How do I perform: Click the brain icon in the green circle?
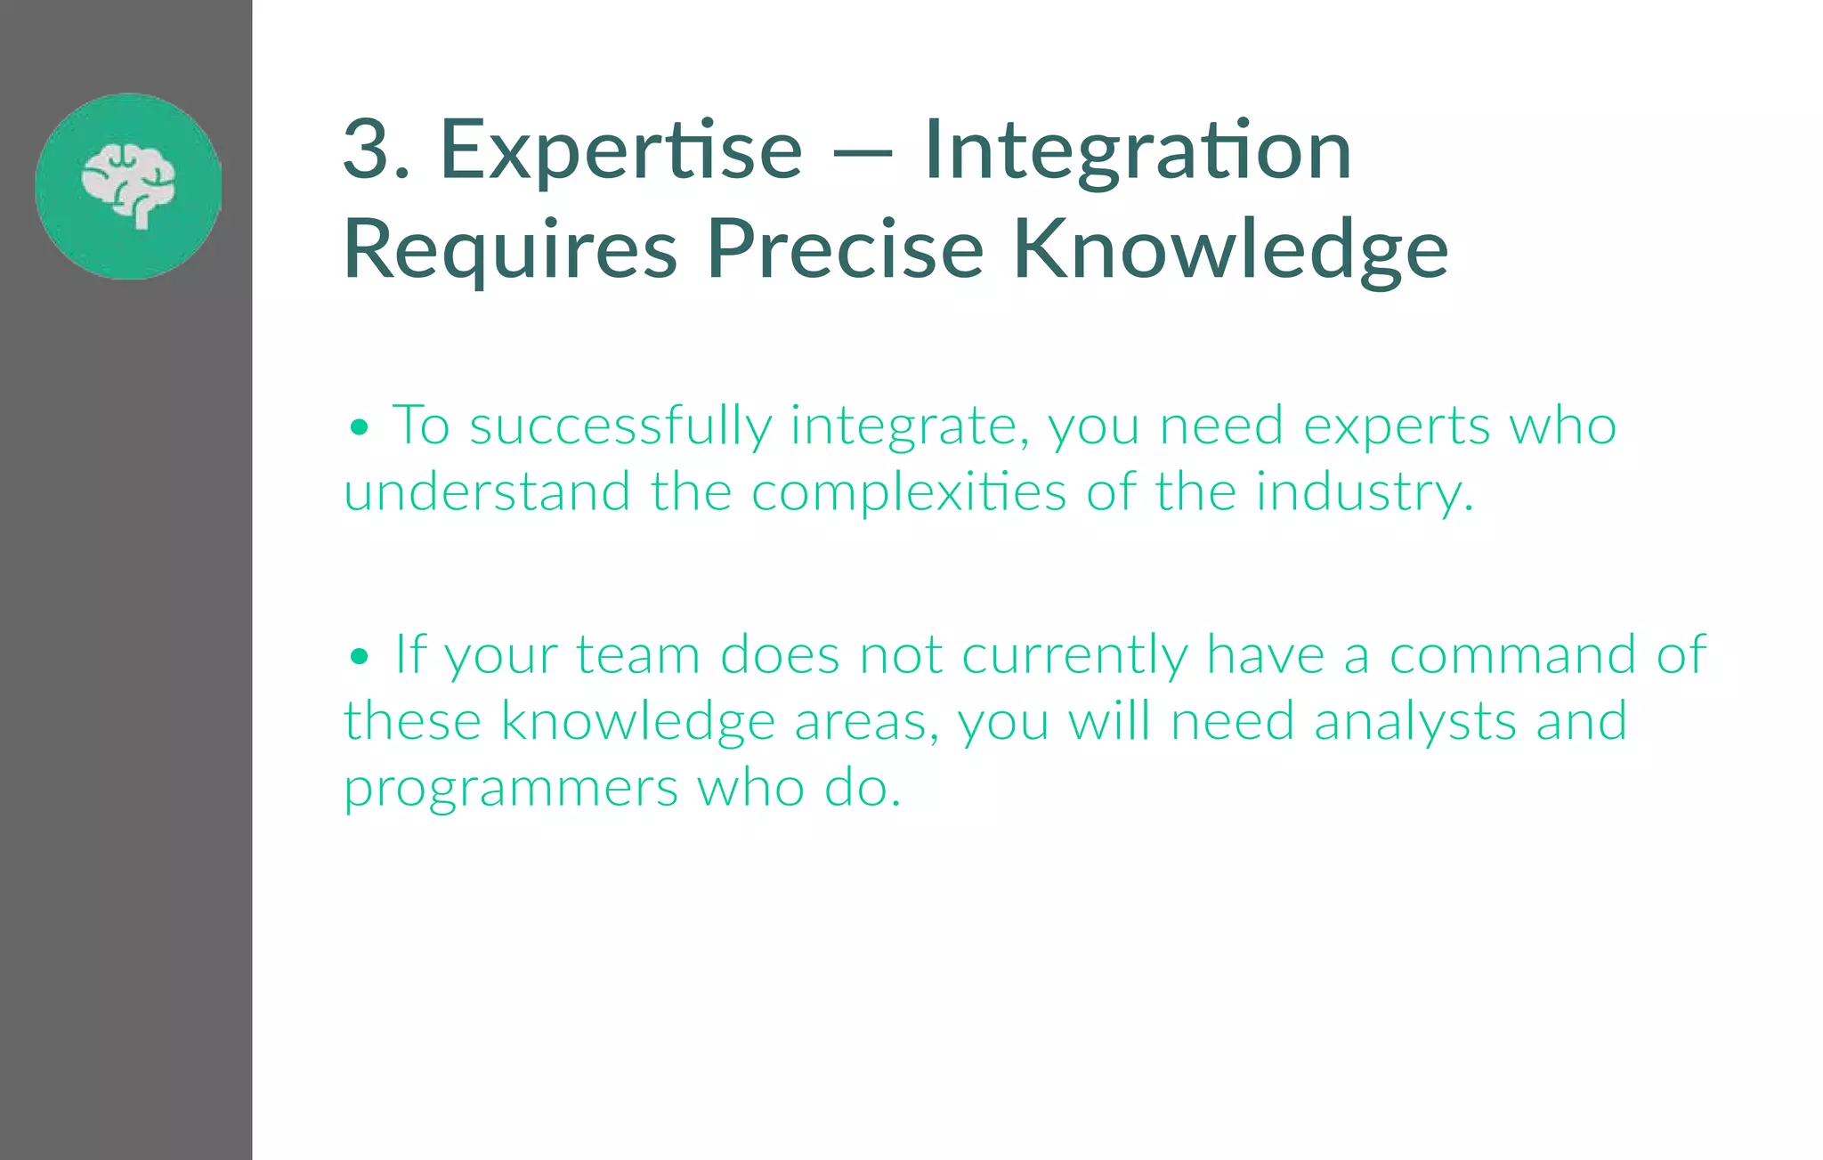[x=129, y=185]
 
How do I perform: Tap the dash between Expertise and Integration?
[x=863, y=153]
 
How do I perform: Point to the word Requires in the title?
[x=510, y=251]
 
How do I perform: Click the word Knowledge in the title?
[x=1230, y=251]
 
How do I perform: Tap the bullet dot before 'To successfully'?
[x=359, y=428]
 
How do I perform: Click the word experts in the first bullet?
[x=1396, y=427]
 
